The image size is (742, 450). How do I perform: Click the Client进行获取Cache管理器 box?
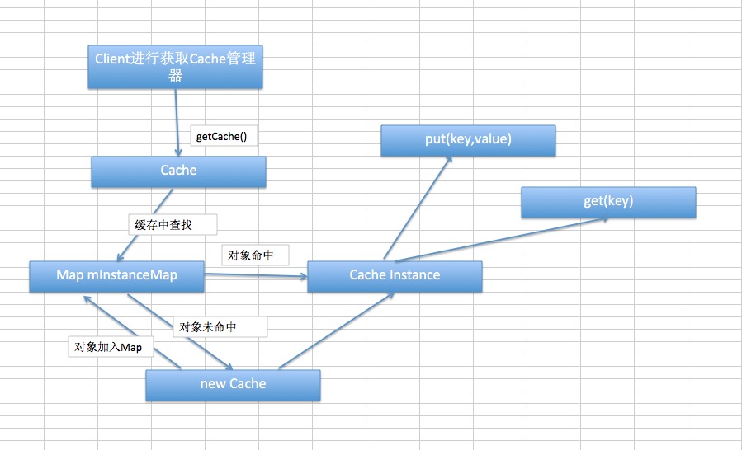point(175,67)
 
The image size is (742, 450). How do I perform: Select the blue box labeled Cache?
point(178,171)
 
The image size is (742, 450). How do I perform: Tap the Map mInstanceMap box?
point(116,275)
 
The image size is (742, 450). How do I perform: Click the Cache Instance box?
point(395,275)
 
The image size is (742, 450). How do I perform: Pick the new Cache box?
point(233,384)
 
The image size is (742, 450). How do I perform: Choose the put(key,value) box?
point(468,140)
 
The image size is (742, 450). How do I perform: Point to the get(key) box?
point(608,201)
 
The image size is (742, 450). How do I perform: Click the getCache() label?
point(224,136)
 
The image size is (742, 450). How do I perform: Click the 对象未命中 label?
point(220,326)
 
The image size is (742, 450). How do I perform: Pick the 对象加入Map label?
point(108,347)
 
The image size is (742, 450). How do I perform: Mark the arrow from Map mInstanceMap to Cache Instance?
point(256,275)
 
